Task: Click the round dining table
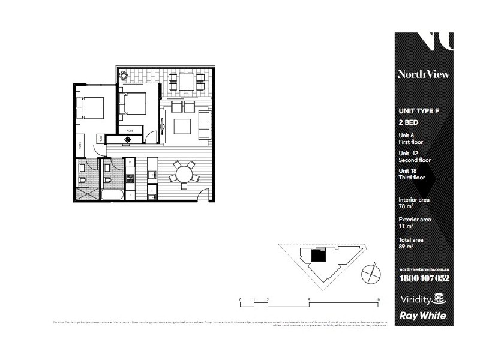[184, 174]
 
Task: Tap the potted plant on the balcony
[123, 75]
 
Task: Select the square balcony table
[186, 81]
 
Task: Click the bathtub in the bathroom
[112, 194]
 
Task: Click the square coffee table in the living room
[182, 126]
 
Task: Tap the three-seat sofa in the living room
[204, 125]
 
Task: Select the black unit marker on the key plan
[318, 256]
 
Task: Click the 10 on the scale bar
[377, 298]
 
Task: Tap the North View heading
[423, 74]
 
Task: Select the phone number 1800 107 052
[424, 279]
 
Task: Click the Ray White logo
[423, 316]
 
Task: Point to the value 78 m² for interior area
[406, 206]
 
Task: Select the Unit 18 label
[408, 172]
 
